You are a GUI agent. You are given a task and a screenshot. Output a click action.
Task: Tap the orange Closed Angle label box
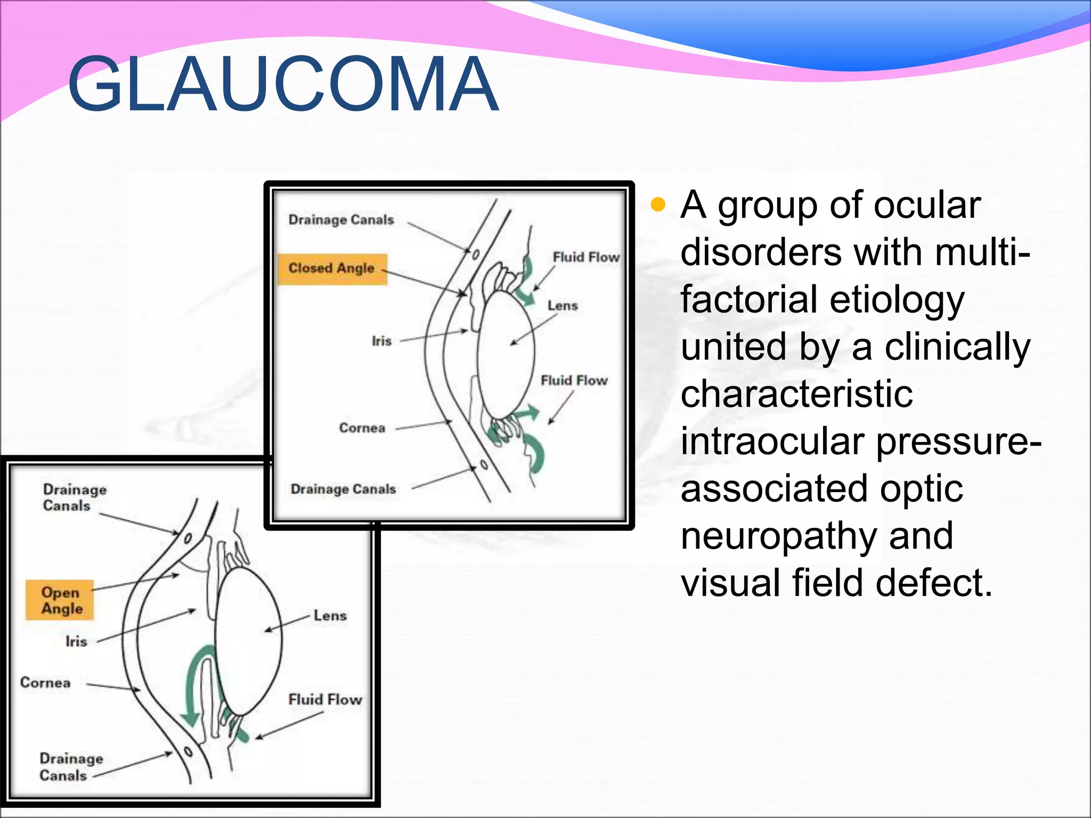(332, 268)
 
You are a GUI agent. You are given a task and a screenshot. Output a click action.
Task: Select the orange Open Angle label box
(60, 600)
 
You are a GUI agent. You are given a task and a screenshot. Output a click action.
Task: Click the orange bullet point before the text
(658, 204)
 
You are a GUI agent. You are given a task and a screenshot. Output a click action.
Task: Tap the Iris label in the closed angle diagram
(381, 341)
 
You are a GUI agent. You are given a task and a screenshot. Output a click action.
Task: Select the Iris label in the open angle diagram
(76, 641)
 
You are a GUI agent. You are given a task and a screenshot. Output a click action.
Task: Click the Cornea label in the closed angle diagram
(362, 428)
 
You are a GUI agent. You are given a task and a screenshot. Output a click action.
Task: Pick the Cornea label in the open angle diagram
(45, 683)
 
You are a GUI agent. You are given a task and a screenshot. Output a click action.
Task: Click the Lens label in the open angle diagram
(330, 616)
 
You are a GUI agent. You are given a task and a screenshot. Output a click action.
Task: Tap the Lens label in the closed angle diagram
(563, 306)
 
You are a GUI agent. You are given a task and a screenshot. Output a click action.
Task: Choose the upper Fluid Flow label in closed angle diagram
(586, 257)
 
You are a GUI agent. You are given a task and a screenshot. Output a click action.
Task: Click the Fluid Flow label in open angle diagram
(325, 699)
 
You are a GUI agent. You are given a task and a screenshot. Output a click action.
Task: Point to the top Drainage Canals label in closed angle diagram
(341, 220)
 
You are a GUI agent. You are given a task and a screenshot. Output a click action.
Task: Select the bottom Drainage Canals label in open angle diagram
(71, 766)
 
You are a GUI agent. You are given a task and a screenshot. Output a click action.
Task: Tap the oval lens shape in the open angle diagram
(248, 639)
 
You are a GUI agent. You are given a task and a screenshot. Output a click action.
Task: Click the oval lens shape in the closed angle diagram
(506, 354)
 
